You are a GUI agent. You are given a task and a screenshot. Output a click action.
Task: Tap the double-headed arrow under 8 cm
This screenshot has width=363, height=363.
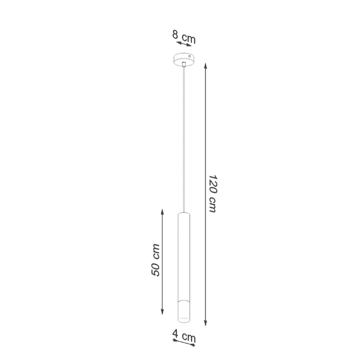click(x=184, y=45)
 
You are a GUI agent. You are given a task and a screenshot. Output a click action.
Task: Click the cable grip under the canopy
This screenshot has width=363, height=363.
click(x=184, y=64)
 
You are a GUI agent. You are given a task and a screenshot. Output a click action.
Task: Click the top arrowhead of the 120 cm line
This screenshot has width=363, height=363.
click(x=206, y=66)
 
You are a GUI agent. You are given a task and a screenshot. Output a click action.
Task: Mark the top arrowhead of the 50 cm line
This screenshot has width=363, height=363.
click(x=162, y=212)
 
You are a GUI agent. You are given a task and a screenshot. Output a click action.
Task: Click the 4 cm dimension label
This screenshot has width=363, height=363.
click(x=185, y=338)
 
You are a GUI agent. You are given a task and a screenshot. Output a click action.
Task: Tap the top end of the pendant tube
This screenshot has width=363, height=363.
click(x=184, y=212)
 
